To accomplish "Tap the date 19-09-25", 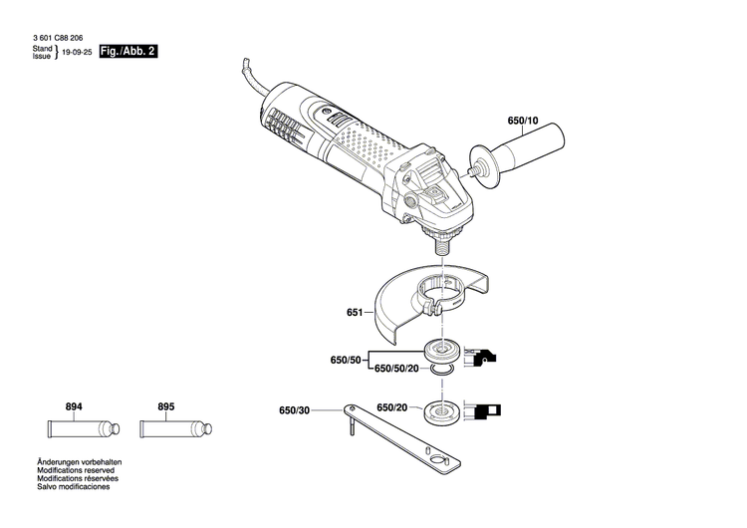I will pos(77,52).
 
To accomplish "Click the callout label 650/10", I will pos(522,122).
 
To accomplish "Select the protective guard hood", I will pos(428,300).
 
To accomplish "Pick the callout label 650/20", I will pos(391,407).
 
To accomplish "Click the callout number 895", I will pos(165,407).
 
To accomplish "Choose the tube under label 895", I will pos(173,431).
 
